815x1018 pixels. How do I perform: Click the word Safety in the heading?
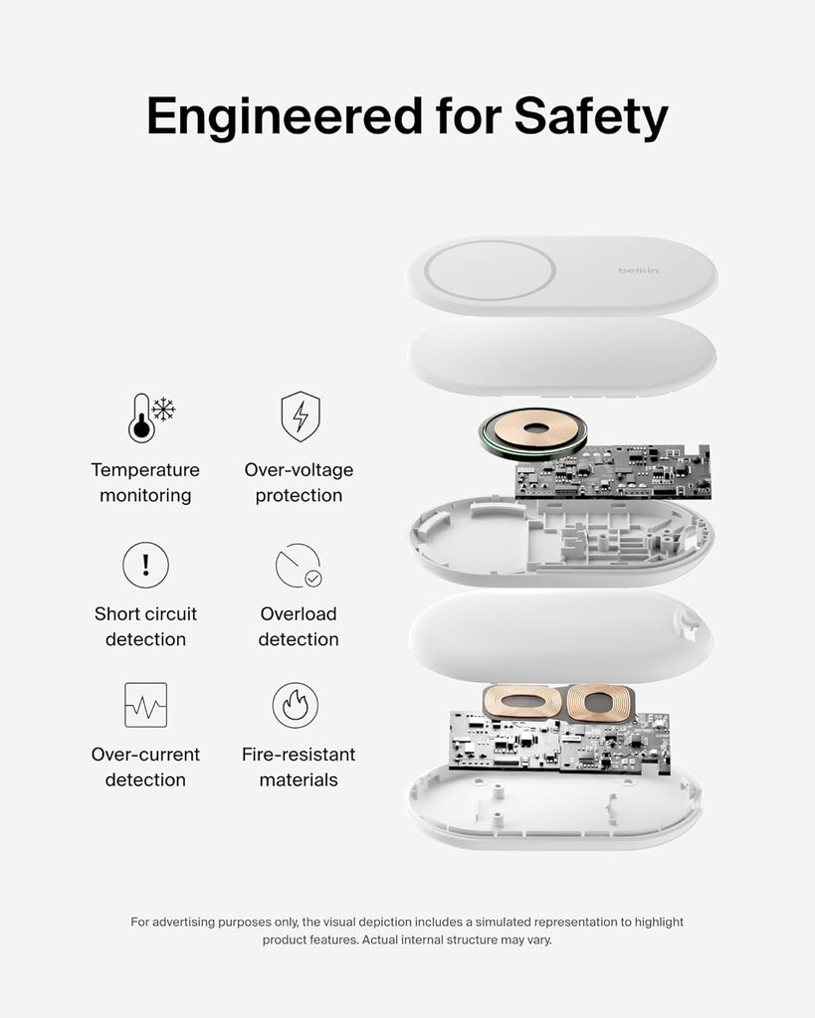click(591, 117)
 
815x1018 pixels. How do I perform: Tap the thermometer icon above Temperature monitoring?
click(141, 419)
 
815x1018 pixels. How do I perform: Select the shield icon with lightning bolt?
click(301, 417)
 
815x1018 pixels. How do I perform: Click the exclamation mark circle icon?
click(145, 565)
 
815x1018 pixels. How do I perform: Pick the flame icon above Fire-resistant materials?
click(296, 705)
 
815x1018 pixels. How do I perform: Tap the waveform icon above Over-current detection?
click(145, 705)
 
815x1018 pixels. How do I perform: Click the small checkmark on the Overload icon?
click(313, 578)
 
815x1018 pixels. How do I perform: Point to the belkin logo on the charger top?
click(638, 270)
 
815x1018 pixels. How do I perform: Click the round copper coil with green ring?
click(533, 431)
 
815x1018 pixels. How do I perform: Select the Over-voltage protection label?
click(299, 482)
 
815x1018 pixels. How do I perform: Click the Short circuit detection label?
click(145, 626)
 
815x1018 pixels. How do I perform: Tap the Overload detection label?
click(299, 626)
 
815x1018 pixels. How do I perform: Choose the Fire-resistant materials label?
click(299, 766)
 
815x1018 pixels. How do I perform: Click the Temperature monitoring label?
click(145, 482)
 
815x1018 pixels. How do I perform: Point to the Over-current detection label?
click(145, 766)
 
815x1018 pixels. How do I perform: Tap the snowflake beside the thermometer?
click(164, 410)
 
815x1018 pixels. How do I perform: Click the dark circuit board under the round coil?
click(612, 472)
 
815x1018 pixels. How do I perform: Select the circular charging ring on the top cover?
click(490, 270)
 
